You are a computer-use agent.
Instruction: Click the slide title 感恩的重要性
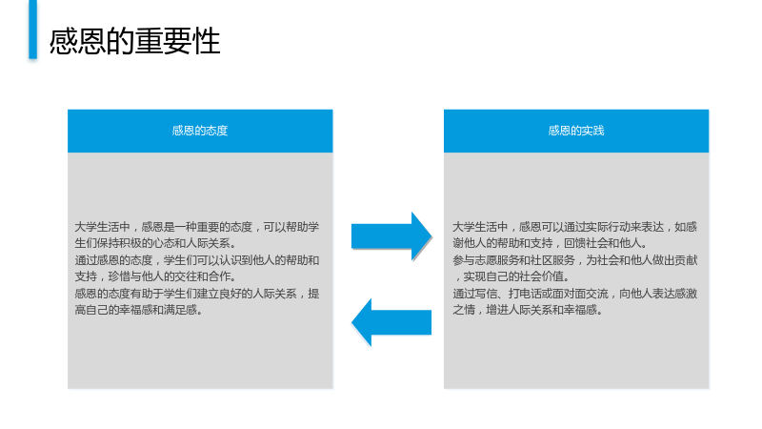coord(134,41)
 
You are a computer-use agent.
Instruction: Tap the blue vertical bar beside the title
coord(33,30)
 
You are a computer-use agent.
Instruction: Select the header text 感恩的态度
coord(200,131)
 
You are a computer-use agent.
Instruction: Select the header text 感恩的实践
coord(576,131)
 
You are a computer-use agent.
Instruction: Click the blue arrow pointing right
coord(391,236)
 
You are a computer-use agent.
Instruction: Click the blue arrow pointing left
coord(391,322)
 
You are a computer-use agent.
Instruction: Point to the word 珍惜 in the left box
coord(118,276)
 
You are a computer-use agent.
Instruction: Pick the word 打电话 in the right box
coord(525,294)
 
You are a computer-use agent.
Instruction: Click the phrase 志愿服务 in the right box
coord(497,260)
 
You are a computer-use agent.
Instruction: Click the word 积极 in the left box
coord(130,243)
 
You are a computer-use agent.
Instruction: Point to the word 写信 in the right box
coord(486,294)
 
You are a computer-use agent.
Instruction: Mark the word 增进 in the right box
coord(497,309)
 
